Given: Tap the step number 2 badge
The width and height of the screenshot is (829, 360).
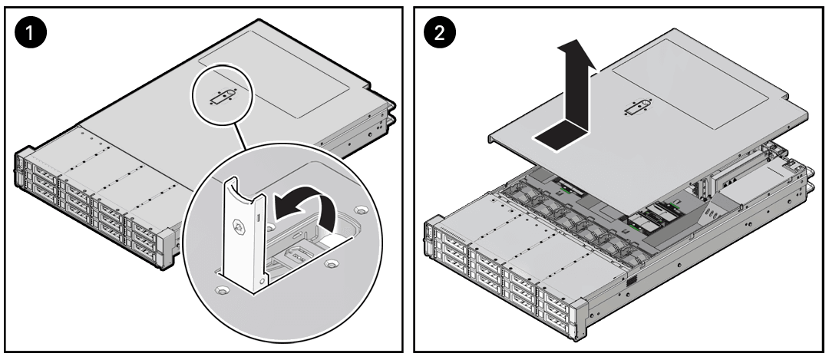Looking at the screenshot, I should tap(443, 35).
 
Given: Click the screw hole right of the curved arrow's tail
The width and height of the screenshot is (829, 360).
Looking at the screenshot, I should tap(358, 209).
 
